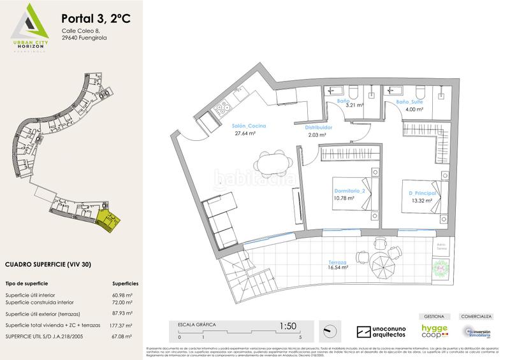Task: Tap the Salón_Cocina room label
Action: [x=248, y=126]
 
